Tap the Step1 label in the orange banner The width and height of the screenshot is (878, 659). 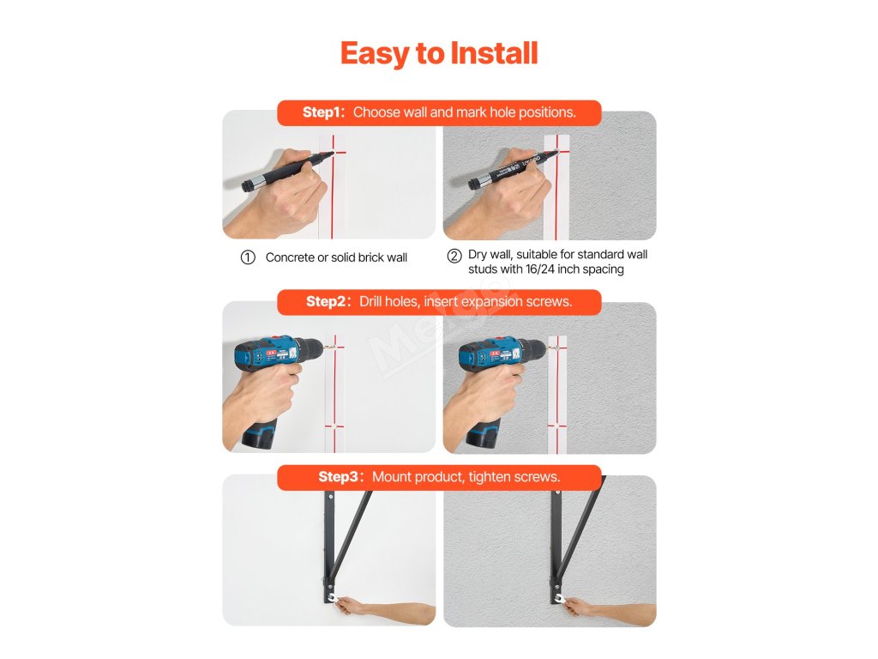(x=323, y=112)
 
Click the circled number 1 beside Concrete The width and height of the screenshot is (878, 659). (x=248, y=257)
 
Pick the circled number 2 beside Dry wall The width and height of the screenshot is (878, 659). (x=454, y=256)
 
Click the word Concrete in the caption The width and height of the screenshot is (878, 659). (x=290, y=257)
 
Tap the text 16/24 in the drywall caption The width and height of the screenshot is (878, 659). (x=540, y=269)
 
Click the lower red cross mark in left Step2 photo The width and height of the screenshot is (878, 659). (x=334, y=426)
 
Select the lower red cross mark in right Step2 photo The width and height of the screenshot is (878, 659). (x=557, y=426)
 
